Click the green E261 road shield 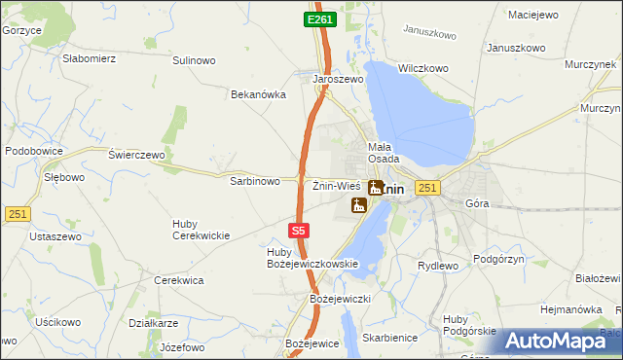319,19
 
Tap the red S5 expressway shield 300,231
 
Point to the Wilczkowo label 422,69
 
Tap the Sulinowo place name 194,60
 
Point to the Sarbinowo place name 255,181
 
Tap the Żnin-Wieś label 337,186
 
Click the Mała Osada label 383,153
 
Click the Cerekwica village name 179,280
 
